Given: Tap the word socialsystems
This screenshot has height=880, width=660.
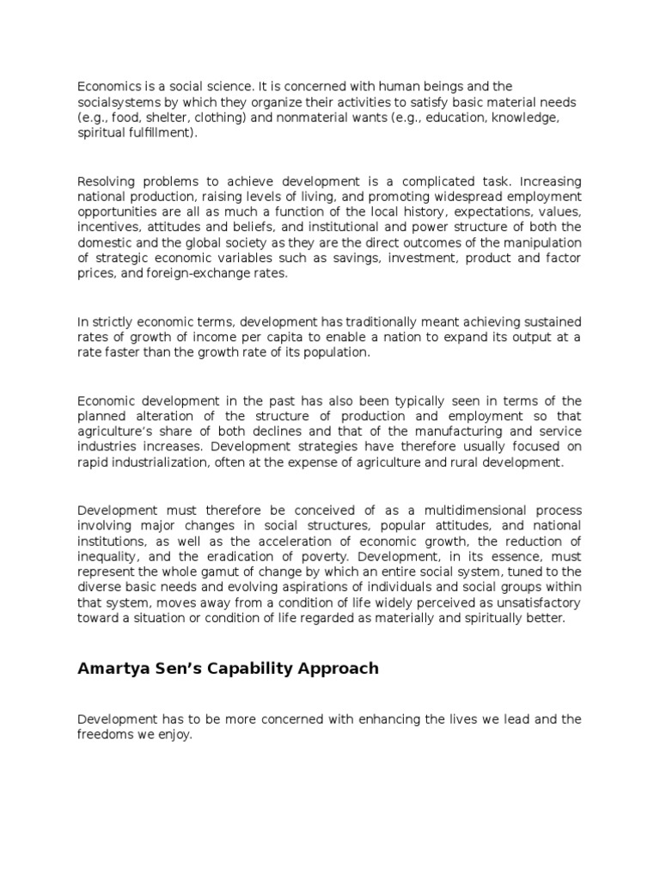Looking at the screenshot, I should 117,102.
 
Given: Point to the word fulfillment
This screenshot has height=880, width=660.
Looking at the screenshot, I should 156,133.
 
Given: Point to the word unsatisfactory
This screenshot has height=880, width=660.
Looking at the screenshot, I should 533,602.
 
